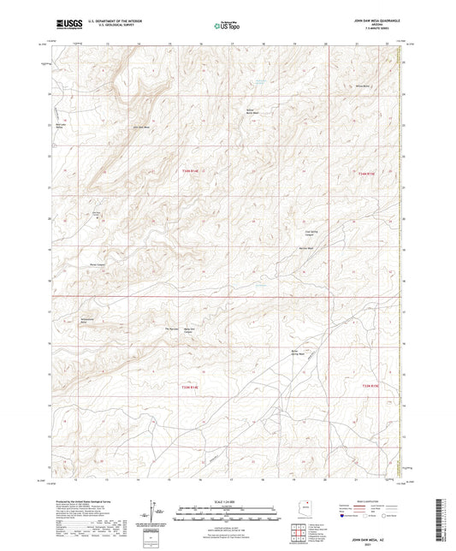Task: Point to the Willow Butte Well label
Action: click(x=251, y=111)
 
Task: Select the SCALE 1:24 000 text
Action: click(x=228, y=501)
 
